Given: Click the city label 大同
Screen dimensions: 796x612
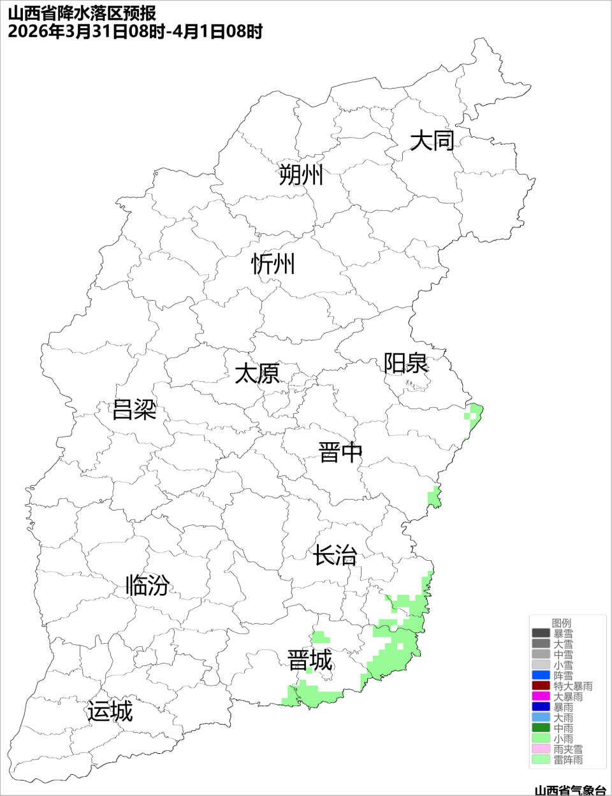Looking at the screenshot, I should (432, 141).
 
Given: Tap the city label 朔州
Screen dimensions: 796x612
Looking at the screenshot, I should (301, 175).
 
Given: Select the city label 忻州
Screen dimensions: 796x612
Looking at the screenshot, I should (273, 263).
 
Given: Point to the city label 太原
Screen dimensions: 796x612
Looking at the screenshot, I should (257, 373).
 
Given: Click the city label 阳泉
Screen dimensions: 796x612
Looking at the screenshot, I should (405, 363).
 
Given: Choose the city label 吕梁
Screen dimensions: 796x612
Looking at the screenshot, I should (134, 409).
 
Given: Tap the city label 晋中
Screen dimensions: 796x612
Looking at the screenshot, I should (340, 452).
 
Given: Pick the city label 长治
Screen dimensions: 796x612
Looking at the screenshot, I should (335, 555).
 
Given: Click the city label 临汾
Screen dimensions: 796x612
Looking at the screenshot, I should (147, 585).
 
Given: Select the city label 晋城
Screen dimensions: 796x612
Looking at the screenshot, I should (310, 660).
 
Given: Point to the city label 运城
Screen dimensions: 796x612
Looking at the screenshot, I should (110, 711).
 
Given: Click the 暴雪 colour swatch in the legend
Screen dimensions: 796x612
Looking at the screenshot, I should (541, 633).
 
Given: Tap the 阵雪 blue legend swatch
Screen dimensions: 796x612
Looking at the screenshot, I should (541, 676).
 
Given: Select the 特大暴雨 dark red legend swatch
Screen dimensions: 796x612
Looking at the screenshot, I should (541, 686).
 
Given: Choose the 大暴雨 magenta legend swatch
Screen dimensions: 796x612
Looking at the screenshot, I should (541, 697).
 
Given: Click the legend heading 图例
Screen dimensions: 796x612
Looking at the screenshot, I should (562, 623).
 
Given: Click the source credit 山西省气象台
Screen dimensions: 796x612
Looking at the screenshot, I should (569, 790).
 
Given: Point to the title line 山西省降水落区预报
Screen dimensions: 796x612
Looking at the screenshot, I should (82, 13).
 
